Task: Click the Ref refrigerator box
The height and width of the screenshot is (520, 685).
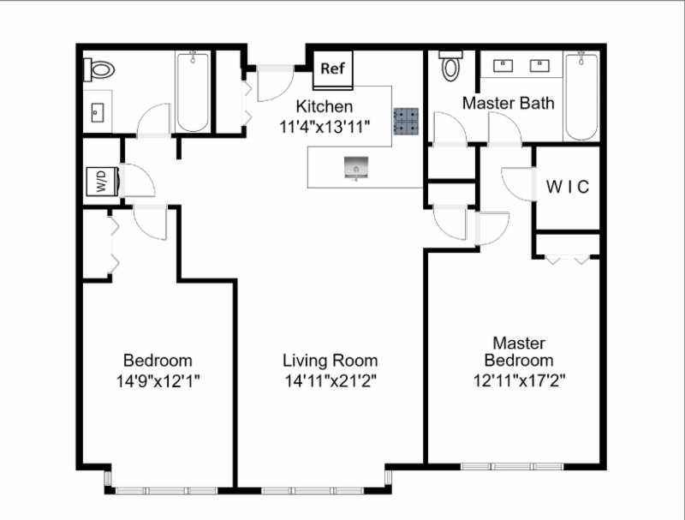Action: point(333,70)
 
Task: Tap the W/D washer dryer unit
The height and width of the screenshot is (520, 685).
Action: point(103,181)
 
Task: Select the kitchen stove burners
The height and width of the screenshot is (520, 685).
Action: point(406,121)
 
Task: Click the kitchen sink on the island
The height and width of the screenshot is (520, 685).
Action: point(356,168)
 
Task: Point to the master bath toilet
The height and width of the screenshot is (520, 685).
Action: point(450,67)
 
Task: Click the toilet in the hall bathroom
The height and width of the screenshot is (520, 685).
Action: point(99,70)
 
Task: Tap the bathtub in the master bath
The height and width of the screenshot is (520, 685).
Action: point(581,96)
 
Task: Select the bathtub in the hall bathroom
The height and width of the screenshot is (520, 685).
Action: point(193,92)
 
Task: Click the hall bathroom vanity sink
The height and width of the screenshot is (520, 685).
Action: point(98,113)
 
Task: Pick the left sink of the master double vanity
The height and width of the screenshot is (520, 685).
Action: point(503,66)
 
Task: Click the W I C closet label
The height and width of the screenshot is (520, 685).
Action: point(568,187)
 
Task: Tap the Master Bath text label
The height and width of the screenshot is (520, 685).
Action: point(509,103)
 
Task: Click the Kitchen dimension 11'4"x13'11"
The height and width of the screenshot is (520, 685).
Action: point(325,127)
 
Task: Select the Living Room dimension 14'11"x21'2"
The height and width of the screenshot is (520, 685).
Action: point(331,381)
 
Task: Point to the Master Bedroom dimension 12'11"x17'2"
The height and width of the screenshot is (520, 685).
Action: point(519,380)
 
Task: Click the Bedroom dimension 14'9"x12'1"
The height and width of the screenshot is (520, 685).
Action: point(158,381)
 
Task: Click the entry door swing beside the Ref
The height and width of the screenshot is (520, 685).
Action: point(275,84)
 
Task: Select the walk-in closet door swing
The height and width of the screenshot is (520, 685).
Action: point(519,184)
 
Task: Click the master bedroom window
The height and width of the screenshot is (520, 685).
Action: point(512,467)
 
